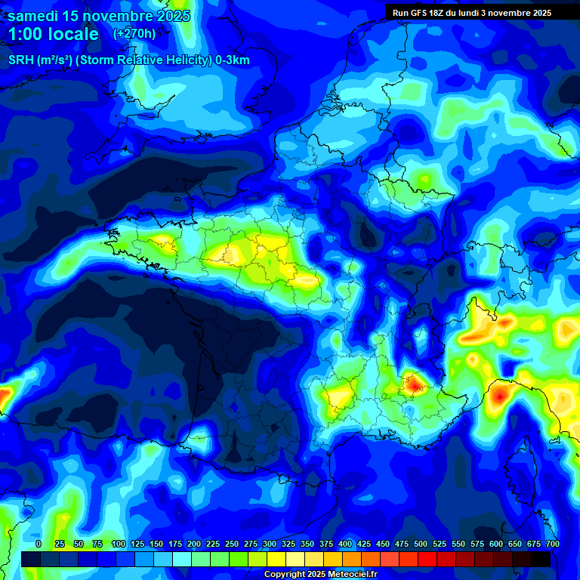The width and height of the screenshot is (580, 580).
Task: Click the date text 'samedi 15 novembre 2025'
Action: pos(98,16)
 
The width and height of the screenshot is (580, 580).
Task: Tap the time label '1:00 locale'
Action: pos(53,34)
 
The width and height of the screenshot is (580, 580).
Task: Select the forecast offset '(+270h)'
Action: pos(134,33)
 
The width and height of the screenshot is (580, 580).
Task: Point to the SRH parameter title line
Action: pos(129,60)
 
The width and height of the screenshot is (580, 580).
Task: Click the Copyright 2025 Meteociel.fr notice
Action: pos(319,575)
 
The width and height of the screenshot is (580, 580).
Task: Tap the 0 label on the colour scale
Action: pos(39,544)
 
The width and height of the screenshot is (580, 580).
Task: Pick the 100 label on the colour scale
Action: pos(118,544)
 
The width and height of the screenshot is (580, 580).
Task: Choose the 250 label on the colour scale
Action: pos(231,544)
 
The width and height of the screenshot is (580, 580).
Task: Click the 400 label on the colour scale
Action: pos(345,544)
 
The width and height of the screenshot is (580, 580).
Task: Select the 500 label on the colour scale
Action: pos(421,544)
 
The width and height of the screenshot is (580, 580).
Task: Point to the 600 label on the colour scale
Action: pos(496,544)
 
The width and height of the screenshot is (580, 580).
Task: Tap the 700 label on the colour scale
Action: pos(553,544)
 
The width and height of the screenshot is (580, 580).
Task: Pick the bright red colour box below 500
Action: pos(427,559)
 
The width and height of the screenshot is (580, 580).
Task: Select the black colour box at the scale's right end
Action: pos(541,559)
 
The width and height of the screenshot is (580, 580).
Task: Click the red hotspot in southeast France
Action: pos(414,384)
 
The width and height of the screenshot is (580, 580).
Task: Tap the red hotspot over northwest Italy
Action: pos(499,394)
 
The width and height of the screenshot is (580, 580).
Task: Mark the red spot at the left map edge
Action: pos(3,395)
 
